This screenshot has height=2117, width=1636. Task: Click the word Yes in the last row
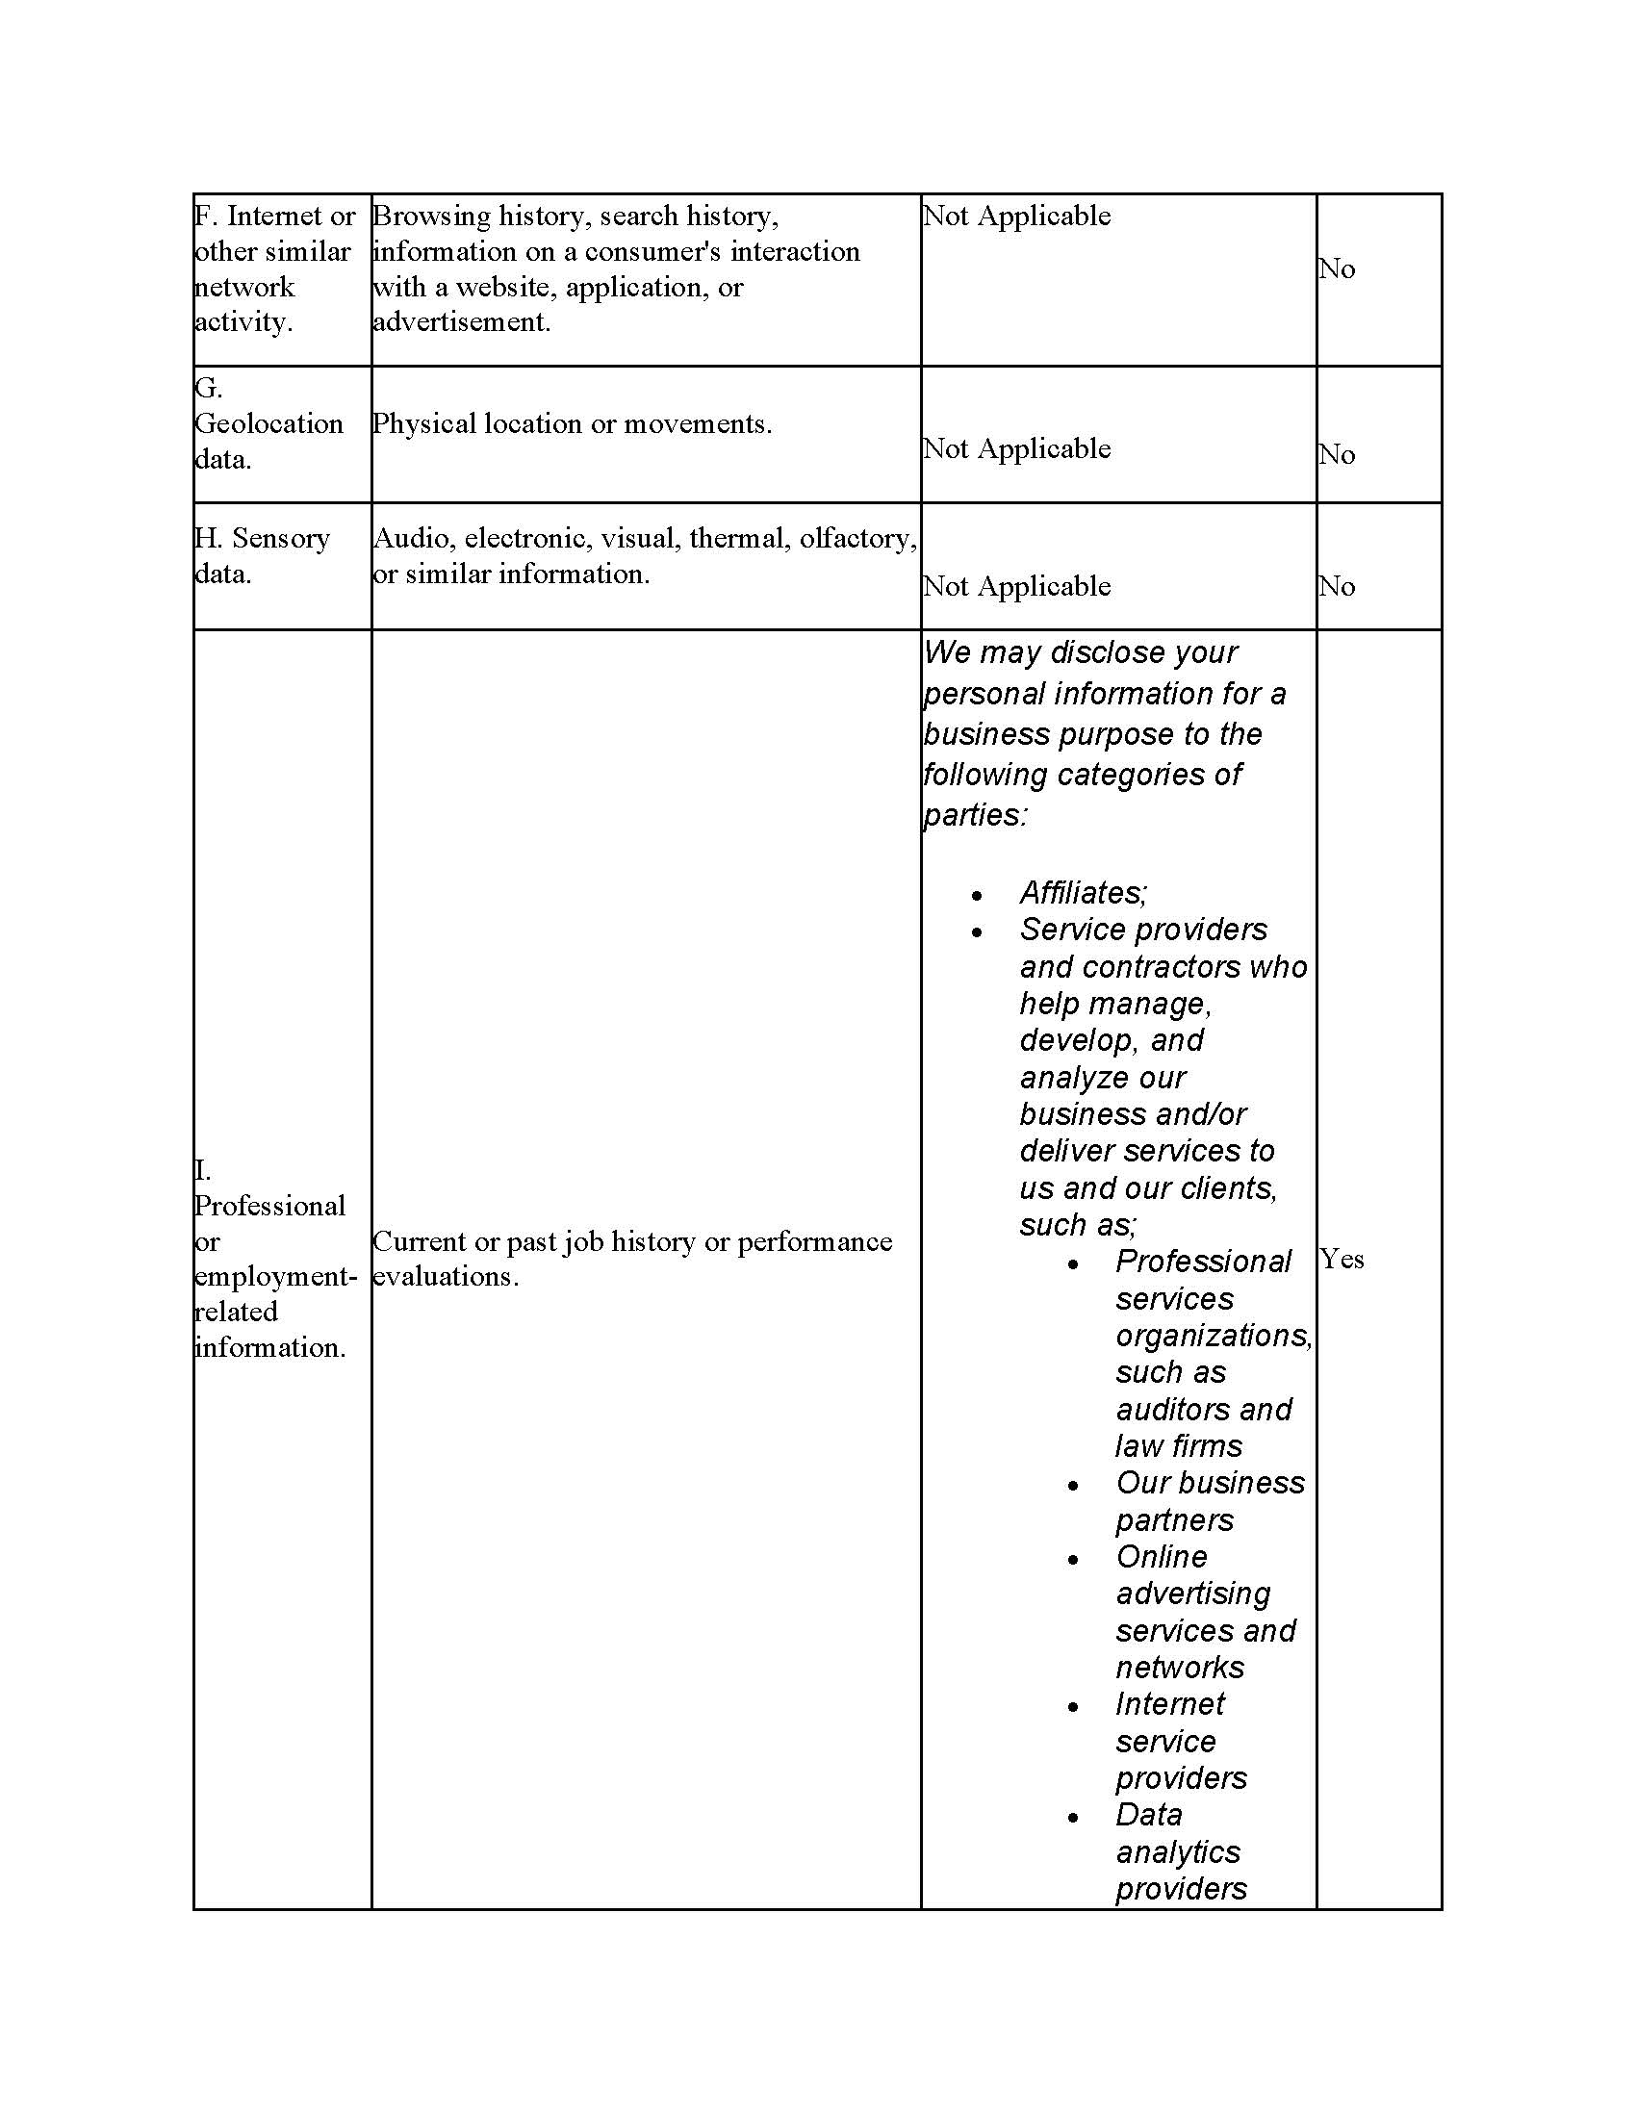tap(1342, 1260)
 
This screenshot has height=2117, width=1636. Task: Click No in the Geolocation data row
tap(1336, 453)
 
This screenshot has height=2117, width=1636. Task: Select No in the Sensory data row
tap(1336, 585)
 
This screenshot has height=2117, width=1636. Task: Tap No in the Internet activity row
tap(1336, 268)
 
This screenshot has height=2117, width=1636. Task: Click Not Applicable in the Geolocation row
tap(1015, 448)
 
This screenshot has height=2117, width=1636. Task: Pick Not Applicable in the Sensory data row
tap(1015, 586)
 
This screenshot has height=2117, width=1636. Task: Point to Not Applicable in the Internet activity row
tap(1015, 216)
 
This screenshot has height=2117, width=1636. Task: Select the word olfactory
tap(856, 538)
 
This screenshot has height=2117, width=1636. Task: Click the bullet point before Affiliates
tap(977, 896)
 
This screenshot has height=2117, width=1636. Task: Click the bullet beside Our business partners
tap(1073, 1486)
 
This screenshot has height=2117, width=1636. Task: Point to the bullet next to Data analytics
tap(1073, 1819)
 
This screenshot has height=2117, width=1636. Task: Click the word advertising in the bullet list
tap(1192, 1594)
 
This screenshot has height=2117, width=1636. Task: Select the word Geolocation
tap(268, 423)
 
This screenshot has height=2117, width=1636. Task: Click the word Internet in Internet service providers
tap(1169, 1703)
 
